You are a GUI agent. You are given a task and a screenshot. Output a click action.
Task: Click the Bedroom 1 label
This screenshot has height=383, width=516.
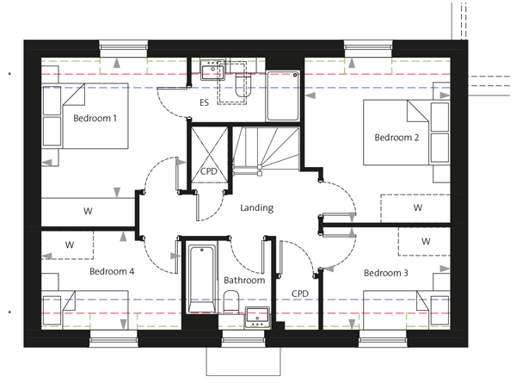[95, 118]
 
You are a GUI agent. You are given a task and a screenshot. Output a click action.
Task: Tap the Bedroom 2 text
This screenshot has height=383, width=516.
[396, 137]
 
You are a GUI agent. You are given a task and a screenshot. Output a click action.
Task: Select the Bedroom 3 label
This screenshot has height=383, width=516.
[385, 273]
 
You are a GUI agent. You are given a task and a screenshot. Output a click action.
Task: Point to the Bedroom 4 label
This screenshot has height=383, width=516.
[112, 271]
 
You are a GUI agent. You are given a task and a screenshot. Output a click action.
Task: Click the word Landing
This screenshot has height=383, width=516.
[256, 207]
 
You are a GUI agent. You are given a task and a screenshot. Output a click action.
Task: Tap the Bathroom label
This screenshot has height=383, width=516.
[244, 281]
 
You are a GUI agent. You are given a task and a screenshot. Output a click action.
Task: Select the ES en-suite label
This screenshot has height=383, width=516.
[204, 102]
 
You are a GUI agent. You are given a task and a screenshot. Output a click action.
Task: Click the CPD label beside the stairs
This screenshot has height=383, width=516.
[209, 171]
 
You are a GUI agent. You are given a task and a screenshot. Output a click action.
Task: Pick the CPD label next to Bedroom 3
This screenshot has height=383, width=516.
[300, 293]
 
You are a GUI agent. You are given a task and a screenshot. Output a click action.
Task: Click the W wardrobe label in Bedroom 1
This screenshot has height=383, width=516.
[88, 211]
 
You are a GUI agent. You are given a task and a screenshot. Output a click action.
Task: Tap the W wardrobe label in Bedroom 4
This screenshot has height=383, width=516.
[70, 244]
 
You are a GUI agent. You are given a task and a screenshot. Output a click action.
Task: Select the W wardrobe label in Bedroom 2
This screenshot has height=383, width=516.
[418, 207]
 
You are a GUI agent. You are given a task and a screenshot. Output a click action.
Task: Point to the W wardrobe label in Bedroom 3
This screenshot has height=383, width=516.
[426, 241]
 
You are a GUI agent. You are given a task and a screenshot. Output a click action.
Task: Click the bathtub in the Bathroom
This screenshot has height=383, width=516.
[202, 279]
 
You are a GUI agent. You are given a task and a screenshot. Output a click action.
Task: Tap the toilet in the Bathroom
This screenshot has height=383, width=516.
[231, 302]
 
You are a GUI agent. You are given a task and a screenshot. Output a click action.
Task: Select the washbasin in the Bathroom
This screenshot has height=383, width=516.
[257, 317]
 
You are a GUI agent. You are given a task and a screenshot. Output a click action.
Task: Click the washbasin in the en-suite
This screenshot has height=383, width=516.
[212, 70]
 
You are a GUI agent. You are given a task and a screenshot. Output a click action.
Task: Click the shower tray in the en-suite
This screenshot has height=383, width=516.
[283, 96]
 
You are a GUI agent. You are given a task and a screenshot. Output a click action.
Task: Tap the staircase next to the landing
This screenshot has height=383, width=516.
[266, 149]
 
